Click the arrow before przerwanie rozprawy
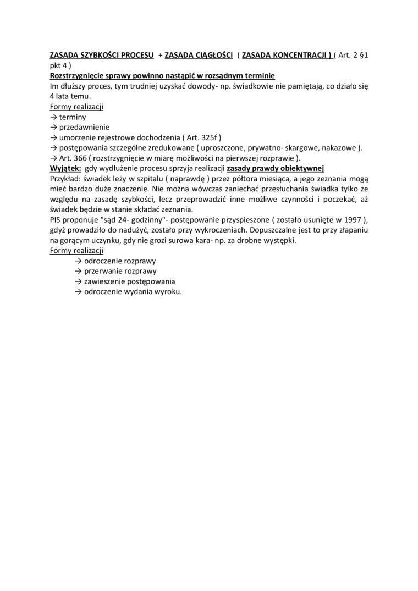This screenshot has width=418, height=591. (78, 271)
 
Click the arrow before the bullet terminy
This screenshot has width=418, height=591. (53, 117)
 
